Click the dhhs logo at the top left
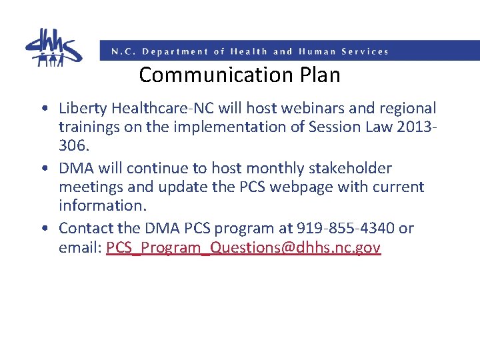(x=53, y=47)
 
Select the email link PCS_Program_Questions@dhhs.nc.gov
(x=243, y=248)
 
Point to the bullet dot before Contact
(x=43, y=229)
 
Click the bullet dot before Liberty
(x=43, y=109)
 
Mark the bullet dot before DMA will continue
(x=43, y=169)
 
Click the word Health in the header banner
(x=249, y=51)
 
